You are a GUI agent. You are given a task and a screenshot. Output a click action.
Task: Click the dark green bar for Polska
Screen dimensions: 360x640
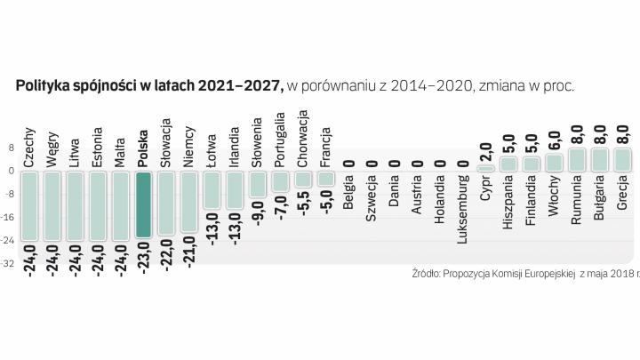[x=143, y=204]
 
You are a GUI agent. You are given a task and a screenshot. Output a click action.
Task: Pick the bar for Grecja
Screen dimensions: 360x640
[x=622, y=159]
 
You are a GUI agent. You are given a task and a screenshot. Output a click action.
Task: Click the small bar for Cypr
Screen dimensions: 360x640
[x=485, y=168]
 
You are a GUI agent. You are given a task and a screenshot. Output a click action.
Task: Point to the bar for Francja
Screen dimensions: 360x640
[x=325, y=178]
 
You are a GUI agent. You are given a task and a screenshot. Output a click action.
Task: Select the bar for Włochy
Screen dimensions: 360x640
[x=554, y=163]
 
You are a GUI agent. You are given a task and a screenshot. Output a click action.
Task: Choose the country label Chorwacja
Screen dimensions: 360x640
[x=303, y=139]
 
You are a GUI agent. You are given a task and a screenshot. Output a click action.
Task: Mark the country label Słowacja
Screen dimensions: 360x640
[x=166, y=141]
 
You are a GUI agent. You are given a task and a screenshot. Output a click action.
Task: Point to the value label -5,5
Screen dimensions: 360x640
[x=303, y=208]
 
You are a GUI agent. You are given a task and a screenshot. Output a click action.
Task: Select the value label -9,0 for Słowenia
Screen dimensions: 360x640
[x=258, y=213]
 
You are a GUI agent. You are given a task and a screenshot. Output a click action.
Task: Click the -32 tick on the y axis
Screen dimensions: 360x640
[x=10, y=264]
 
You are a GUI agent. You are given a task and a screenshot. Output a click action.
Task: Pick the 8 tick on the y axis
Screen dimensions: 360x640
[x=11, y=148]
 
